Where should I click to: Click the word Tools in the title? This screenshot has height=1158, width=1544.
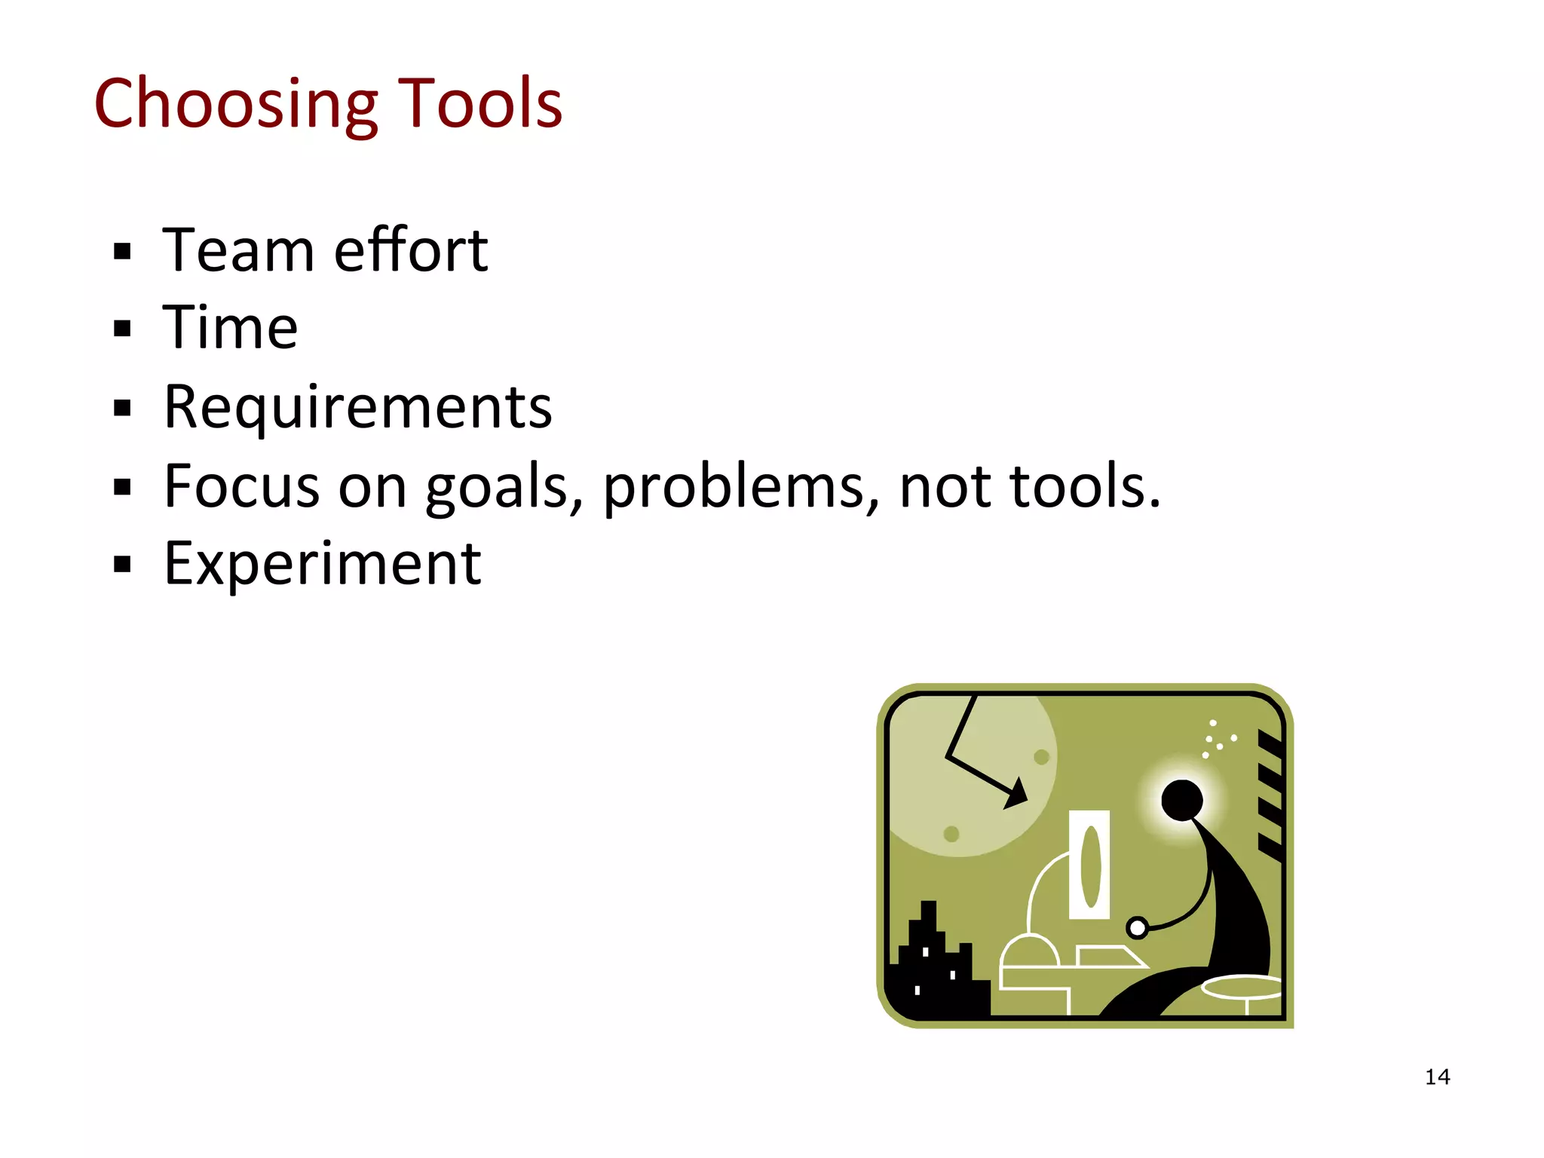coord(479,104)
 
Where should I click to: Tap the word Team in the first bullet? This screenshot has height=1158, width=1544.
coord(237,250)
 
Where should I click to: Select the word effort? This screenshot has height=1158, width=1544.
coord(411,250)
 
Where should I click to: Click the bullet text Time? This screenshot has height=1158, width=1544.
coord(231,329)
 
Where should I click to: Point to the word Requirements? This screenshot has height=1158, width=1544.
coord(358,408)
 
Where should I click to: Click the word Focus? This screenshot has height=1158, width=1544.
coord(241,486)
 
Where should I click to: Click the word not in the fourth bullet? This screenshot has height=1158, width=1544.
coord(945,487)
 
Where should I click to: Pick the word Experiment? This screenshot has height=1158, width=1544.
coord(323,565)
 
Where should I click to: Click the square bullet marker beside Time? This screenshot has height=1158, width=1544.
coord(122,329)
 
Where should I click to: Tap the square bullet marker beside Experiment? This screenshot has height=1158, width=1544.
coord(122,565)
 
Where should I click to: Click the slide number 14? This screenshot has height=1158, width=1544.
coord(1437,1077)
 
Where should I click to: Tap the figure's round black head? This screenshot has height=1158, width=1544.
coord(1181,801)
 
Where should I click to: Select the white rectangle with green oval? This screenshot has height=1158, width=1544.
coord(1089,865)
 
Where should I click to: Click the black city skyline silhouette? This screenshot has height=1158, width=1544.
coord(935,973)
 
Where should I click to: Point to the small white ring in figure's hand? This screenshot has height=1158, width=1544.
coord(1138,927)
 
